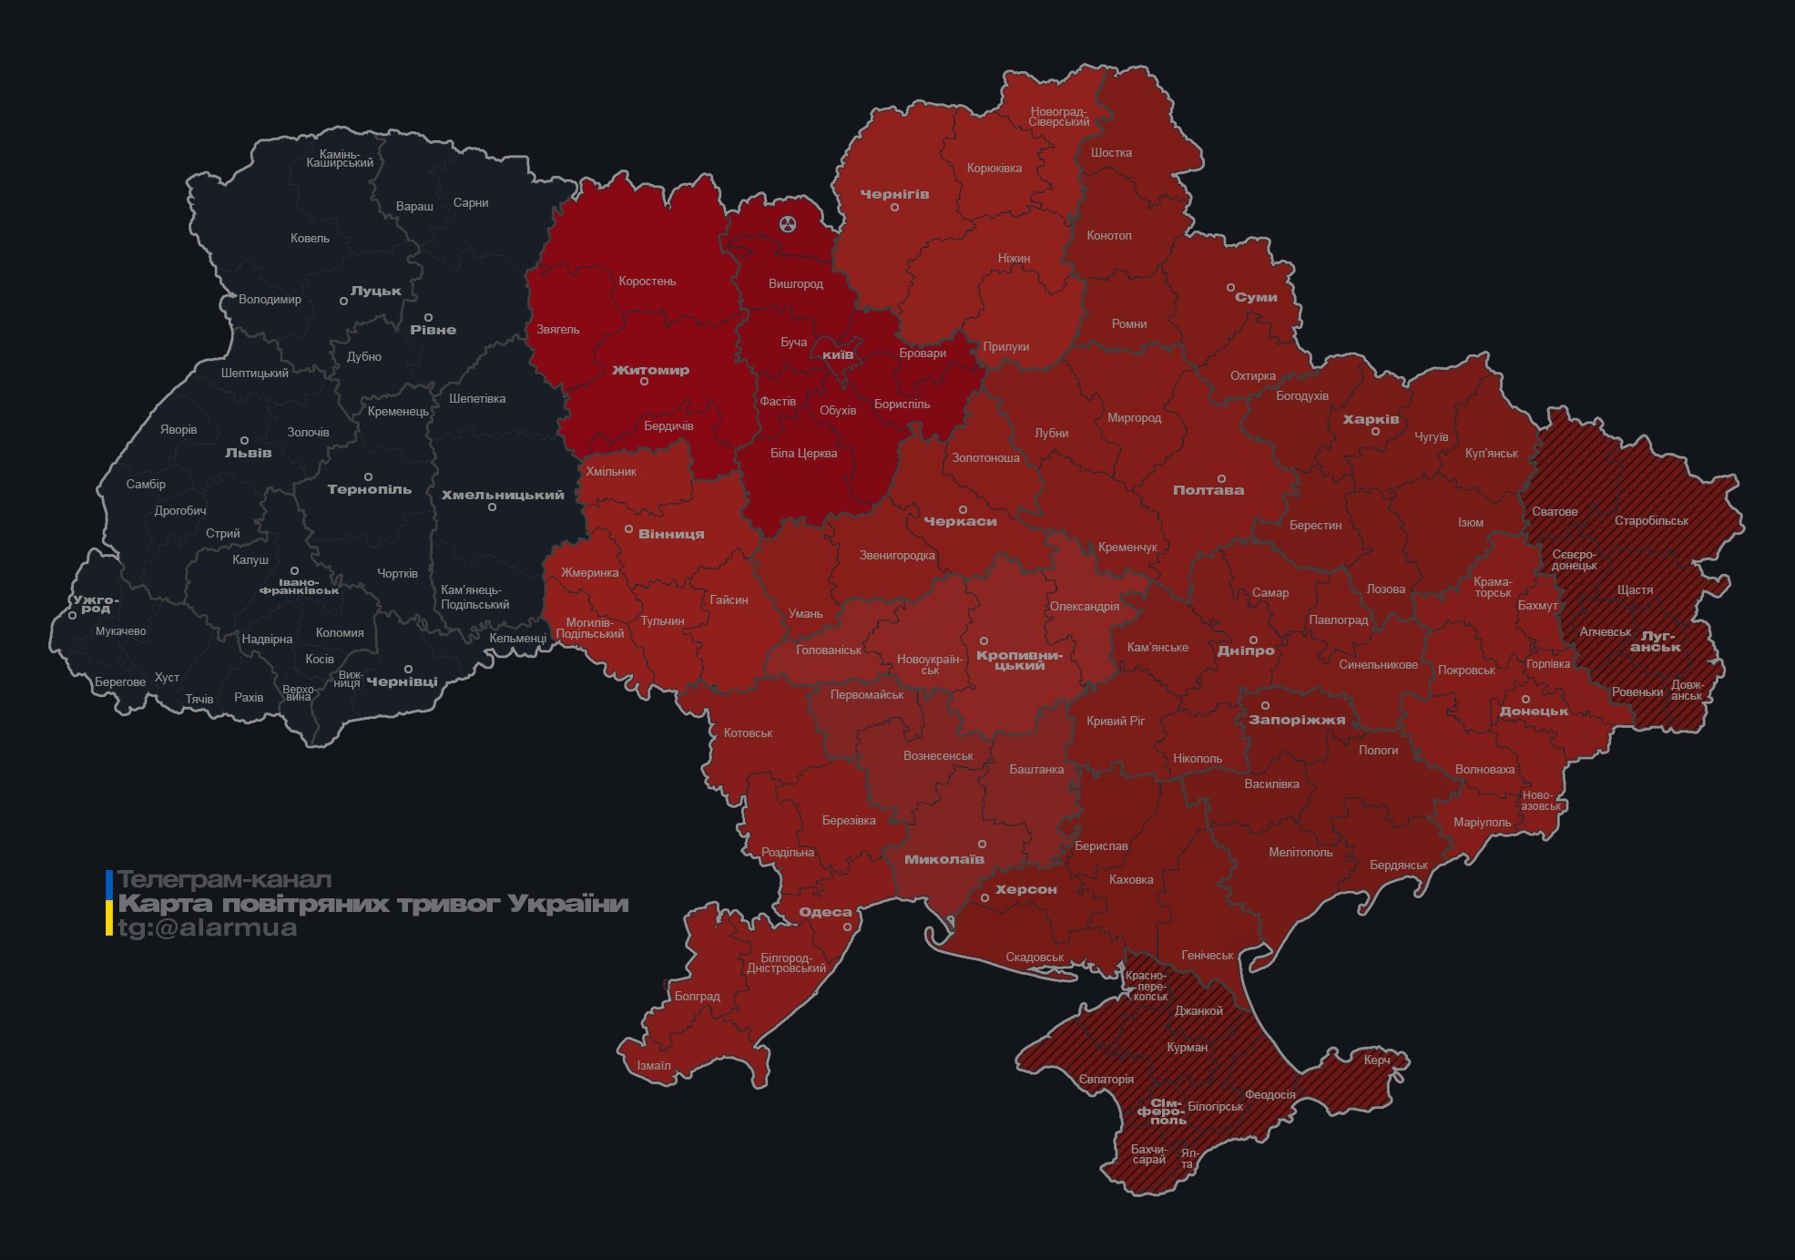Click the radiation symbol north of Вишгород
[x=788, y=223]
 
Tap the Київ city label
[x=838, y=354]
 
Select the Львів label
[x=248, y=453]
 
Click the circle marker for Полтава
[x=1221, y=478]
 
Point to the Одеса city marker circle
[x=847, y=927]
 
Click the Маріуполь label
[x=1482, y=822]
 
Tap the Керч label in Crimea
[x=1377, y=1060]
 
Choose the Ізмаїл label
[x=654, y=1065]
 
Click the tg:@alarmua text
[x=208, y=927]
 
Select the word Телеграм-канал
[x=224, y=879]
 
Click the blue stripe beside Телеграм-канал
[x=109, y=882]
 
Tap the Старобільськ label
[x=1651, y=520]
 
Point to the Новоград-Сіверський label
[x=1059, y=117]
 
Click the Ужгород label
[x=96, y=603]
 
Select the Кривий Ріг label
[x=1116, y=721]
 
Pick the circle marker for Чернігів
[x=894, y=208]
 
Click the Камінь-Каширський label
[x=340, y=159]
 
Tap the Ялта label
[x=1188, y=1158]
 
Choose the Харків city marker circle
[x=1375, y=432]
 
